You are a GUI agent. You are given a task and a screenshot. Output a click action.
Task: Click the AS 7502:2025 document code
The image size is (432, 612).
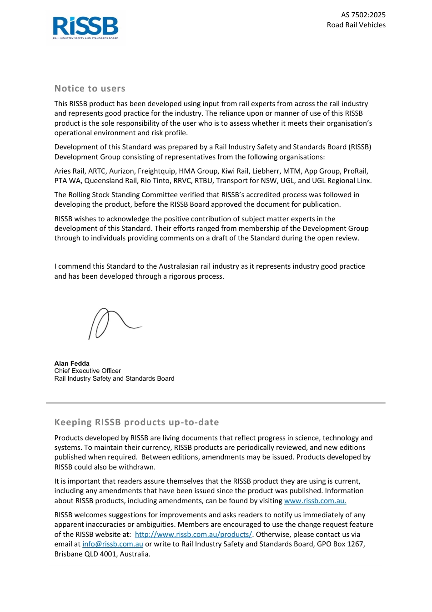pyautogui.click(x=363, y=15)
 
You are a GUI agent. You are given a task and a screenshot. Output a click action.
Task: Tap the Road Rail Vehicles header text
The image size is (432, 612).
pyautogui.click(x=356, y=25)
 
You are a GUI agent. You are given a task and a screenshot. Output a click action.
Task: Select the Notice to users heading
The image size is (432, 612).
pyautogui.click(x=90, y=89)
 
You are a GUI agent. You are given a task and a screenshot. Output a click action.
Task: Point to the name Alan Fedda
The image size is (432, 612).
pyautogui.click(x=72, y=363)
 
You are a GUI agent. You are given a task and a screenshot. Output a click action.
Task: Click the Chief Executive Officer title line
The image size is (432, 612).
pyautogui.click(x=87, y=371)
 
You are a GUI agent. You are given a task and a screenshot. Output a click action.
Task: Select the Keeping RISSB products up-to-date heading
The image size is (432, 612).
pyautogui.click(x=136, y=423)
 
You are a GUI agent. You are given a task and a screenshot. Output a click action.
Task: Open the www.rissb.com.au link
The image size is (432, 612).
pyautogui.click(x=315, y=500)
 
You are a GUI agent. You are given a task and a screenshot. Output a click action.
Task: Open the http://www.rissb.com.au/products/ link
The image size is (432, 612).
pyautogui.click(x=193, y=535)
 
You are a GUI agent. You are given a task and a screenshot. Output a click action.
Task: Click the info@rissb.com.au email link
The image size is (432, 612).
pyautogui.click(x=113, y=544)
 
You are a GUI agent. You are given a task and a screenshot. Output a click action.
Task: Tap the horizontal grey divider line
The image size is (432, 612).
pyautogui.click(x=216, y=403)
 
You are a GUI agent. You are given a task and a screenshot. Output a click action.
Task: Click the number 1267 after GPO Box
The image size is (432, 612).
pyautogui.click(x=354, y=544)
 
